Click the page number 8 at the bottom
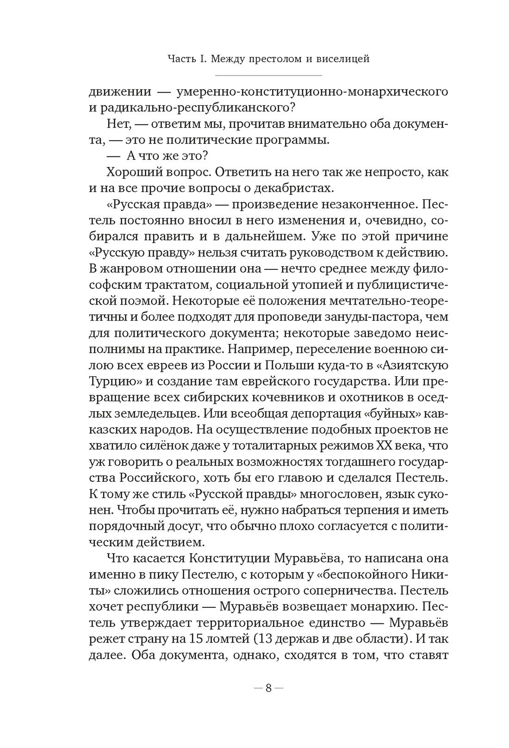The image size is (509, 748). coord(268,688)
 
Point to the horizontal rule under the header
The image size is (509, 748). coord(268,75)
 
